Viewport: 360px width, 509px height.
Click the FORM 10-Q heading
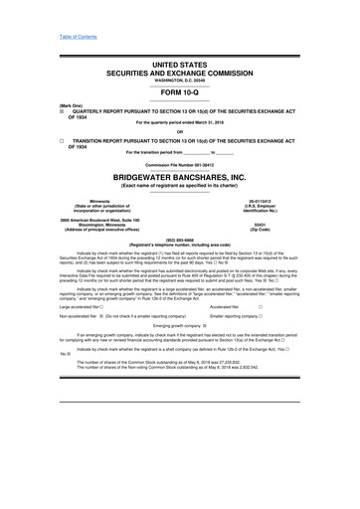coord(179,92)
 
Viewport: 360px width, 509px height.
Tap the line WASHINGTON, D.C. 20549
coord(179,79)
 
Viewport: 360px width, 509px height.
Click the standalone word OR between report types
coord(179,133)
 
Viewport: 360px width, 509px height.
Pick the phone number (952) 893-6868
coord(179,239)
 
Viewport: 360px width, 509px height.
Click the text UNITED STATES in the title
coord(179,64)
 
